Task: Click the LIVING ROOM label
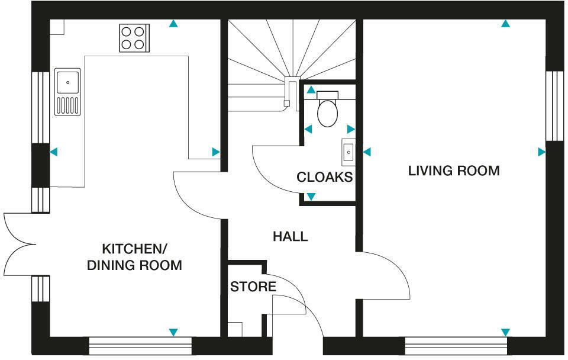(454, 171)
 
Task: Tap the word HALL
(290, 237)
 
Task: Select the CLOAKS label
(325, 177)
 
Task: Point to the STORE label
(253, 287)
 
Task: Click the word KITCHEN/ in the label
(134, 249)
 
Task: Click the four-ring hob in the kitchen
(134, 38)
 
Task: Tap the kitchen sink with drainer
(67, 92)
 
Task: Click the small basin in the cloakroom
(348, 152)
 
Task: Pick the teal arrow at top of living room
(505, 24)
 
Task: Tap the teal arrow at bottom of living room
(505, 332)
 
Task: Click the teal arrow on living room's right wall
(541, 152)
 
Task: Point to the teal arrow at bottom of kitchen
(173, 332)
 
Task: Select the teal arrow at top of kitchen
(173, 24)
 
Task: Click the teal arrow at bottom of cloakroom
(311, 197)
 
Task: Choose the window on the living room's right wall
(554, 106)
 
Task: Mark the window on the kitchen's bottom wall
(140, 346)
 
